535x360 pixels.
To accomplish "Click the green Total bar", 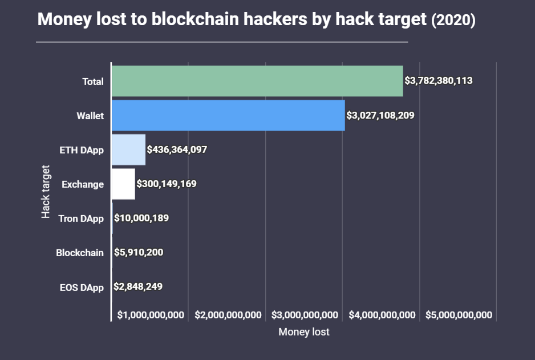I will pos(257,81).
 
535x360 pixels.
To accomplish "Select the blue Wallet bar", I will pos(228,115).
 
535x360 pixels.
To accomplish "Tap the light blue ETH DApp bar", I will pos(128,150).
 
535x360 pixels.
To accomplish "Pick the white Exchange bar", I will pos(123,184).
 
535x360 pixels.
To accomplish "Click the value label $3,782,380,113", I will pos(438,81).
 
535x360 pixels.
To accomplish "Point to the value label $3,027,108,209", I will pos(380,115).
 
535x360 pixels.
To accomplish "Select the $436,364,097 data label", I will pos(177,150).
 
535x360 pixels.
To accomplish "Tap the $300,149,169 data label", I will pos(167,184).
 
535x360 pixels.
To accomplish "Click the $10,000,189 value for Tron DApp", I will pos(141,218).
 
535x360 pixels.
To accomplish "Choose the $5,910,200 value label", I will pos(139,252).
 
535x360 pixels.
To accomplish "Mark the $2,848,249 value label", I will pos(138,286).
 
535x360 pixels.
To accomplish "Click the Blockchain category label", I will pos(80,252).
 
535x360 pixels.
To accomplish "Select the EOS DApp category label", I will pos(82,287).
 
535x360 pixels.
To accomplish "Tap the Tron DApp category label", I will pos(81,218).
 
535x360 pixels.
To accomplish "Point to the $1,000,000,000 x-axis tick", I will pos(151,315).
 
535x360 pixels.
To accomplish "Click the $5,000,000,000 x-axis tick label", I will pos(459,315).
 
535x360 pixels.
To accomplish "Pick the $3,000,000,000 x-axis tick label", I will pos(305,315).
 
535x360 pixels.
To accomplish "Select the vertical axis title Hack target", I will pos(46,192).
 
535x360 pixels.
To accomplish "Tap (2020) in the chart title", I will pos(453,21).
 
